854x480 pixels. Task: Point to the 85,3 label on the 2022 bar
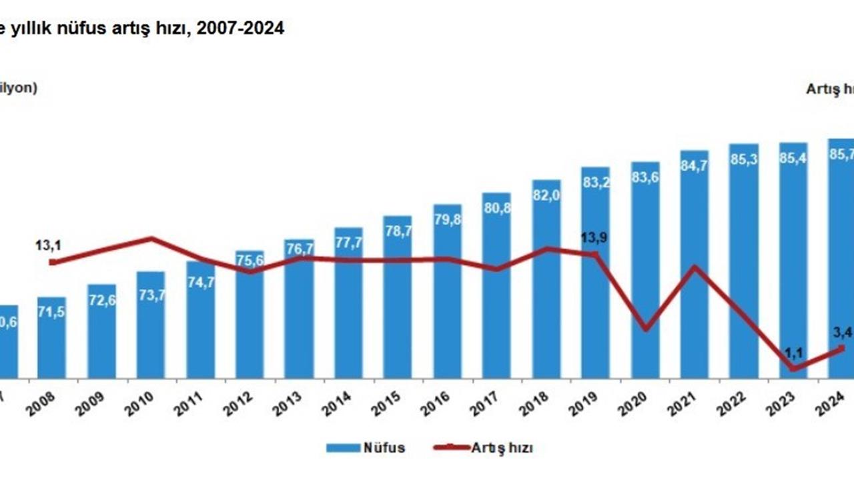(743, 160)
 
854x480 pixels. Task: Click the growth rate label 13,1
(48, 246)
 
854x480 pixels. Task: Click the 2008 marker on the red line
(53, 262)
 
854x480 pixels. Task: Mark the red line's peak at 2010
(152, 238)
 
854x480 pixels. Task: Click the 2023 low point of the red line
(793, 368)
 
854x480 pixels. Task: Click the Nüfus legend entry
(366, 447)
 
